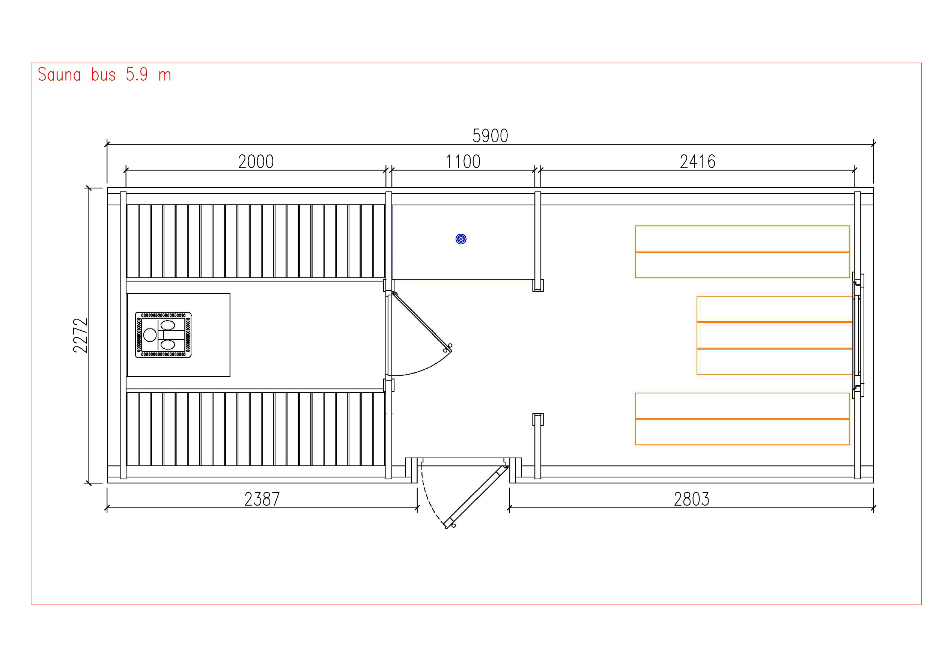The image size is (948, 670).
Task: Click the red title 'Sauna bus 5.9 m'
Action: coord(104,75)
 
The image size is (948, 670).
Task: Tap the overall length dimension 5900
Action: coord(490,136)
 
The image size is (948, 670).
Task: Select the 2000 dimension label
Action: coord(256,161)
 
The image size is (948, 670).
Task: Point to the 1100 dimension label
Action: coord(463,161)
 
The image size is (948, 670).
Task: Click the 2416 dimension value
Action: coord(697,161)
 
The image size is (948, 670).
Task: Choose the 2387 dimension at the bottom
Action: coord(262,499)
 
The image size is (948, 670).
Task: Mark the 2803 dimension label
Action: coord(692,499)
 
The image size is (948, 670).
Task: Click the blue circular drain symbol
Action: coord(461,239)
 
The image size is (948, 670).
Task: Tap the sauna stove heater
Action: coord(163,334)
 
